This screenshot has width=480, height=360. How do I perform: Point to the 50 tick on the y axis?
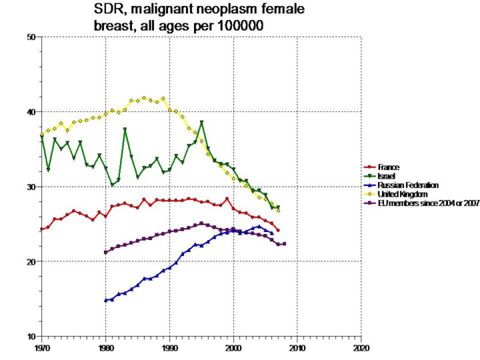tap(31, 37)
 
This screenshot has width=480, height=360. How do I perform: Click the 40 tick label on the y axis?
tap(31, 112)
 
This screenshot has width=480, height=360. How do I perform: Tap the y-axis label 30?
tap(31, 187)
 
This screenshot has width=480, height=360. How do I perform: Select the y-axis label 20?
tap(31, 262)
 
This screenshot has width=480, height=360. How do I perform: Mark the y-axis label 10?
tap(31, 337)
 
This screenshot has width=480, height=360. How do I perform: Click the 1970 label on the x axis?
tap(41, 348)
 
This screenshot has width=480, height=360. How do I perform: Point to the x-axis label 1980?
tap(105, 348)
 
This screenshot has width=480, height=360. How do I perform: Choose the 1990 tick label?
tap(169, 348)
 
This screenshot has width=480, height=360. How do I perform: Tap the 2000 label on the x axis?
tap(233, 348)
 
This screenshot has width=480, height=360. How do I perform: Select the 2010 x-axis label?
tap(297, 348)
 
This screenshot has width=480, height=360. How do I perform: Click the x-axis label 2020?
tap(361, 348)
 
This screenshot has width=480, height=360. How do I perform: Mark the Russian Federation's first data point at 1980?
tap(105, 301)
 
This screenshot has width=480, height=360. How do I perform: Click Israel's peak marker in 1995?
tap(201, 123)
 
